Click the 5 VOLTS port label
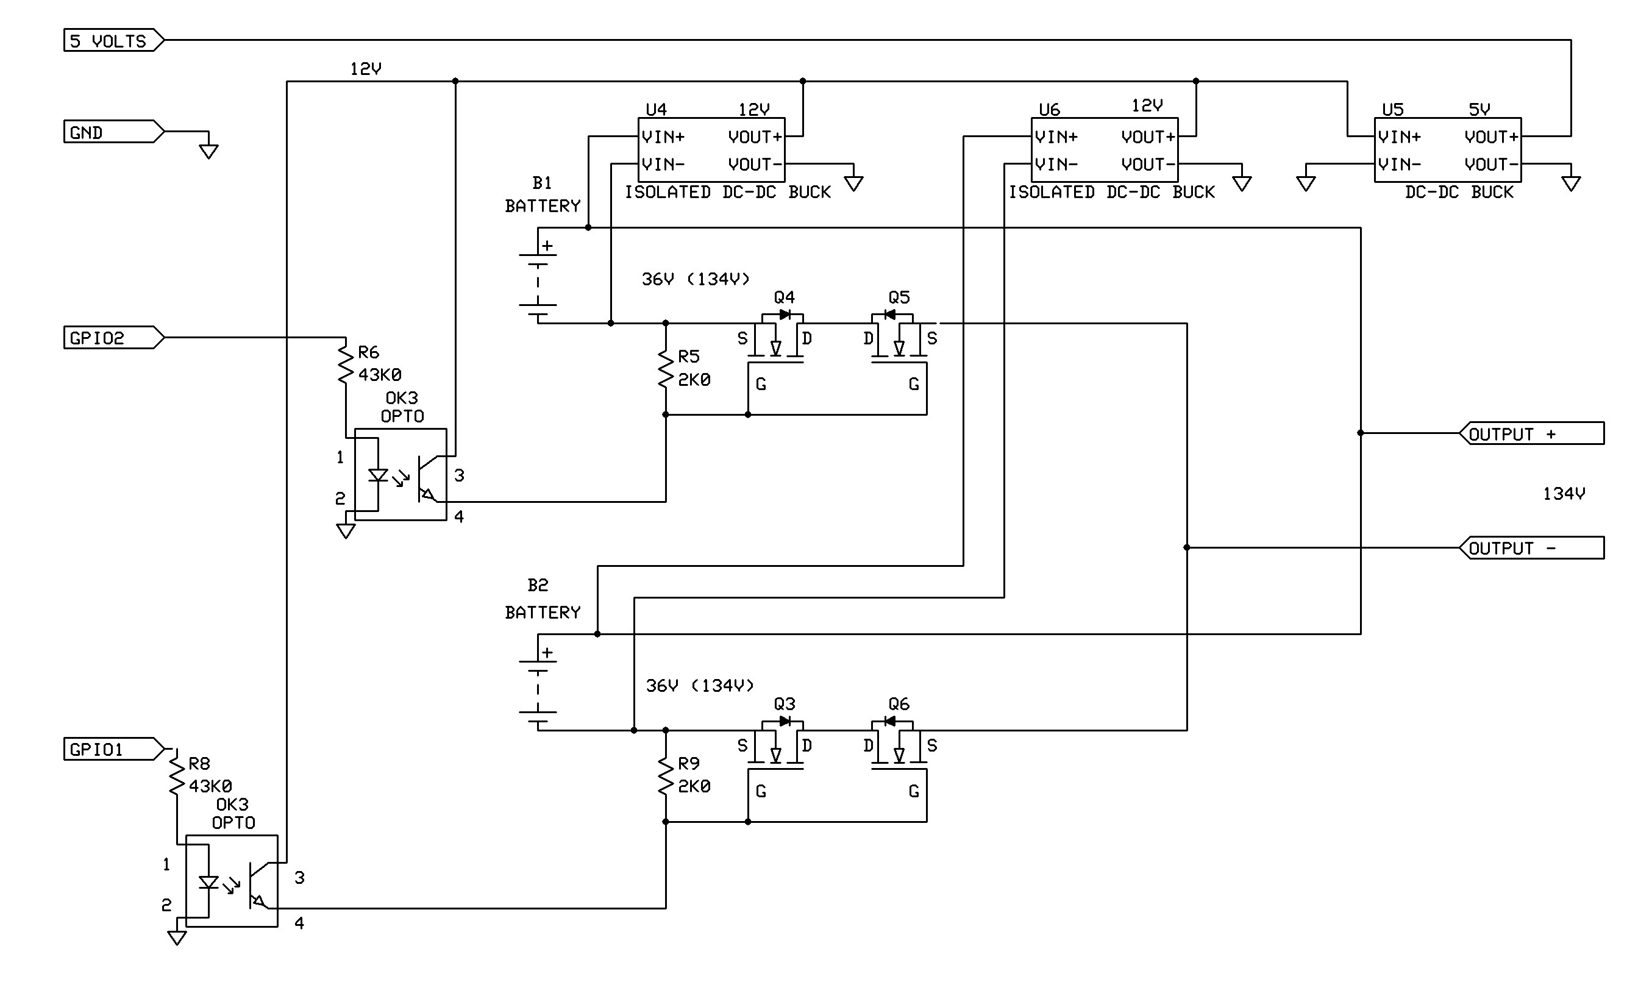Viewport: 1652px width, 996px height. point(113,40)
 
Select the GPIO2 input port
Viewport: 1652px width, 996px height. point(113,337)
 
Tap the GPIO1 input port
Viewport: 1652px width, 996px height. point(113,749)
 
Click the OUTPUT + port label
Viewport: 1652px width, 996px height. point(1532,433)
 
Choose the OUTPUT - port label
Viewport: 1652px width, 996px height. point(1532,547)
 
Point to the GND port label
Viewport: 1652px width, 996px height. point(113,132)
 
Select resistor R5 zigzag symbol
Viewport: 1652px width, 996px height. point(666,368)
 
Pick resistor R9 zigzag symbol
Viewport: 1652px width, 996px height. point(666,775)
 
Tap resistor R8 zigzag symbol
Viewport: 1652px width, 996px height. point(176,775)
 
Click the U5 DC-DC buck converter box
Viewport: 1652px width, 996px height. point(1448,150)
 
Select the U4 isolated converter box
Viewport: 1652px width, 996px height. point(711,150)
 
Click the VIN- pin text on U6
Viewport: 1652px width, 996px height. point(1056,164)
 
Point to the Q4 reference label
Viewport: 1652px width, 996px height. point(785,297)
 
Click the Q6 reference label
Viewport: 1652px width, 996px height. point(899,704)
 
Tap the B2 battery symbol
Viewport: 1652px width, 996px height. point(538,682)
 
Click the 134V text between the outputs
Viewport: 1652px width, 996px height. point(1564,494)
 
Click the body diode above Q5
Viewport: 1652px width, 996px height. point(891,315)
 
